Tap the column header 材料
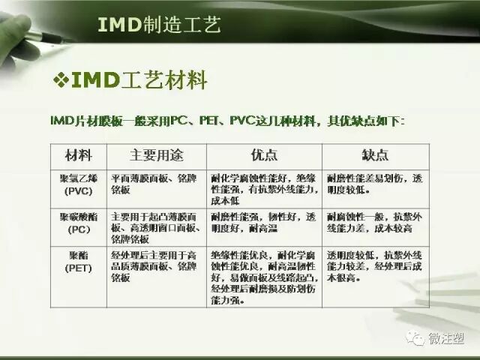coord(77,155)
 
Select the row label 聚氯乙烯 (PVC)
coord(77,185)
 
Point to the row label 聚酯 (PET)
coord(77,262)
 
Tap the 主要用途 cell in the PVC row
coord(154,185)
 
